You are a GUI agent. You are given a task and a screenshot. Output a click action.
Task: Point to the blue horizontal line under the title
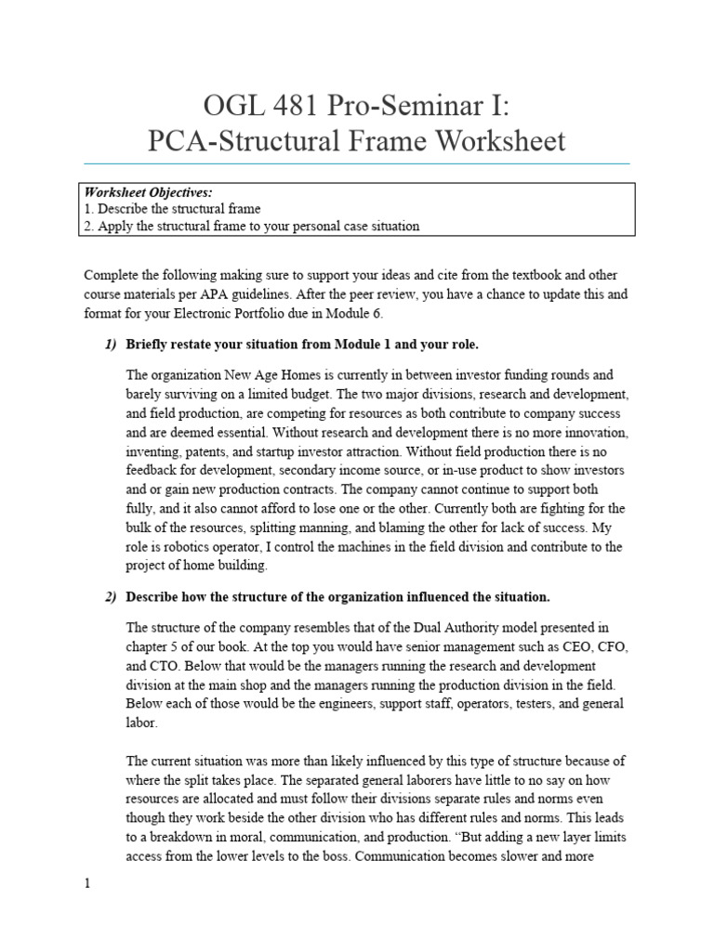(356, 163)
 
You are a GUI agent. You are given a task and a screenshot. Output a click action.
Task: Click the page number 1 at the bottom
(87, 884)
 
